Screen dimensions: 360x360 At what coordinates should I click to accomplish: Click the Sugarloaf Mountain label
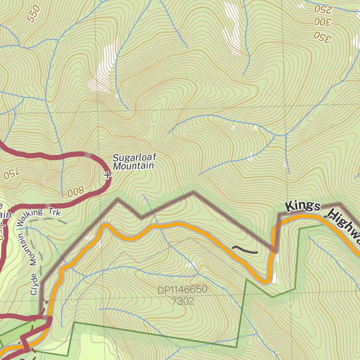coord(134,161)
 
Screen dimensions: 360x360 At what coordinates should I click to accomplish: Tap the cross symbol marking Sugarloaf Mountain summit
coord(108,175)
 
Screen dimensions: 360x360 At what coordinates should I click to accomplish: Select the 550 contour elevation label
coord(34,14)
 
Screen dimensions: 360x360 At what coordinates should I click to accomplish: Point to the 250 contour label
coord(323,9)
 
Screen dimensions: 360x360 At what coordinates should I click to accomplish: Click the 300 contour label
coord(323,22)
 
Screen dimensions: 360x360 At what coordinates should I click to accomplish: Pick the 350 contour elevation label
coord(323,37)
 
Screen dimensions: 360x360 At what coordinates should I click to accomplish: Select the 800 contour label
coord(76,192)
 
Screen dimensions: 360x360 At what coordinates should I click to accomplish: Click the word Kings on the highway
coord(303,206)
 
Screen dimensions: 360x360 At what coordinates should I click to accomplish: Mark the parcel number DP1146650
coord(182,290)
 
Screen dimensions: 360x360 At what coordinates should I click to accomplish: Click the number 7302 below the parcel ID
coord(183,301)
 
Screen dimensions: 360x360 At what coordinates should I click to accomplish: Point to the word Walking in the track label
coord(30,217)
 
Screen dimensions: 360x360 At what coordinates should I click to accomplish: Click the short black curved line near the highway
coord(245,250)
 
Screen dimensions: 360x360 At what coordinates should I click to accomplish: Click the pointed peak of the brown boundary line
coord(193,192)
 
